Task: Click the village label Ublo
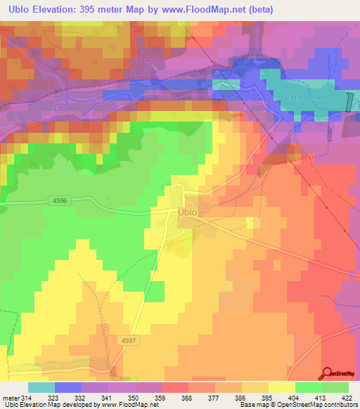click(186, 212)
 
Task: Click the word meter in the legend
click(10, 398)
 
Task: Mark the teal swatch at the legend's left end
click(41, 387)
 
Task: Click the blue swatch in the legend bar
click(67, 387)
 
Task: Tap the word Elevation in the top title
click(59, 10)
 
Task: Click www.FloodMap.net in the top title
click(206, 10)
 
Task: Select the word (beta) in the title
click(257, 10)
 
